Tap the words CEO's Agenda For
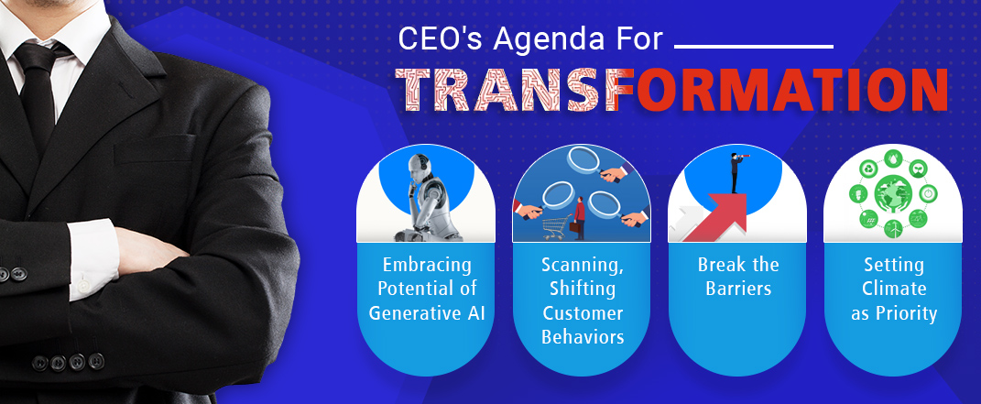click(530, 38)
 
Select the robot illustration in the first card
click(426, 198)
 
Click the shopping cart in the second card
click(557, 227)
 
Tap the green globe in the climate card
click(893, 193)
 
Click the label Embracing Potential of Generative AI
click(427, 289)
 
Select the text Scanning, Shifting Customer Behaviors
click(583, 300)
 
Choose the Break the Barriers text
click(738, 277)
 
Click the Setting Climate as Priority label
click(894, 289)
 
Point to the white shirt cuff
click(93, 259)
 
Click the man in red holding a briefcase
click(579, 218)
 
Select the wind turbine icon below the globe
click(893, 228)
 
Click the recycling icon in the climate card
click(867, 168)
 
